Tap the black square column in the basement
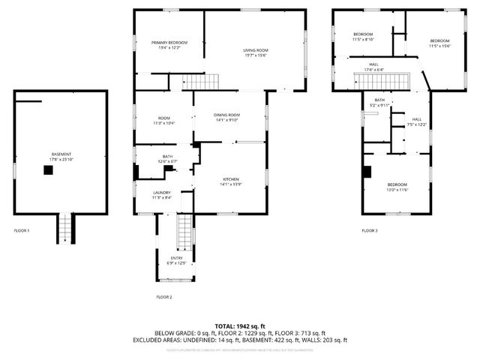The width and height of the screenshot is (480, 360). [49, 170]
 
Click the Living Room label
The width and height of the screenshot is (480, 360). [255, 52]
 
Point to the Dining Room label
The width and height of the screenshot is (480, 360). [227, 116]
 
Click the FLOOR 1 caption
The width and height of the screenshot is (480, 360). [22, 230]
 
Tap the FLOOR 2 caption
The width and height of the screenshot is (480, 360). [164, 297]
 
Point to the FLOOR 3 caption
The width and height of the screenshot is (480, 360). [370, 230]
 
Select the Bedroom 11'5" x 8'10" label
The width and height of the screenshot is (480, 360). [363, 37]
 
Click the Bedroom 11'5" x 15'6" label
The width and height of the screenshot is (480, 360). [439, 43]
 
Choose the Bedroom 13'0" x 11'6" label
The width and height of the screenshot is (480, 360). [397, 187]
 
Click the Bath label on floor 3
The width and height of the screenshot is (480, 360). [379, 102]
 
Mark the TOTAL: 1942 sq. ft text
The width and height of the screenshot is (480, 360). [240, 326]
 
